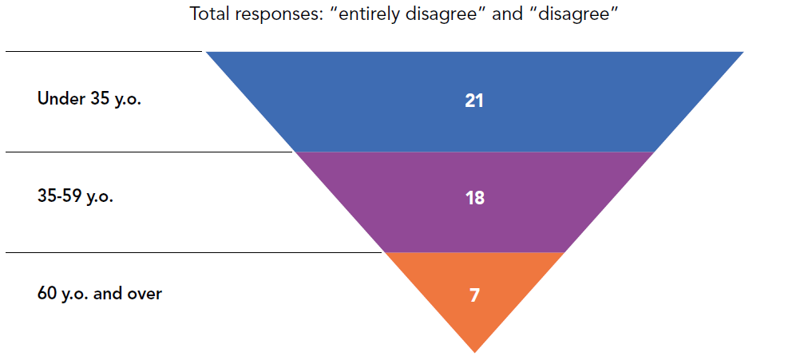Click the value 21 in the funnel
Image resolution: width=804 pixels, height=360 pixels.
[x=474, y=101]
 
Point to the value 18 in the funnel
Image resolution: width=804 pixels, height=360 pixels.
[x=474, y=198]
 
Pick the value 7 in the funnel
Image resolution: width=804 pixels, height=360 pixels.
[x=474, y=295]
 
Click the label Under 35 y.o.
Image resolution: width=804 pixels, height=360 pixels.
[x=89, y=100]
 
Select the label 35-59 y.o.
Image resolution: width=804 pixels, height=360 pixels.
[x=75, y=196]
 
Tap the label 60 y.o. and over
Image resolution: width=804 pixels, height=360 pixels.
[x=99, y=294]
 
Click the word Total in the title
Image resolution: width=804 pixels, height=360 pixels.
[x=210, y=16]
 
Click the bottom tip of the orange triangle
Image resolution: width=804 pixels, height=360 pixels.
[x=475, y=350]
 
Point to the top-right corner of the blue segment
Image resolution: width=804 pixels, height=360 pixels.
[x=742, y=53]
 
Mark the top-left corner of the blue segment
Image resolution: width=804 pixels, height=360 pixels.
[x=208, y=53]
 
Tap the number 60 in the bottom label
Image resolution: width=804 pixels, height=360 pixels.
[x=47, y=294]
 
